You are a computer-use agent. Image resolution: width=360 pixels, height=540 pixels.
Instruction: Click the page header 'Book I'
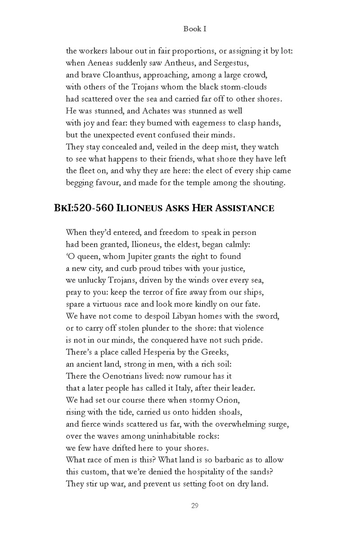tap(195, 29)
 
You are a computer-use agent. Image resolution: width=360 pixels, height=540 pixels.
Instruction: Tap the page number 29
tap(195, 506)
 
